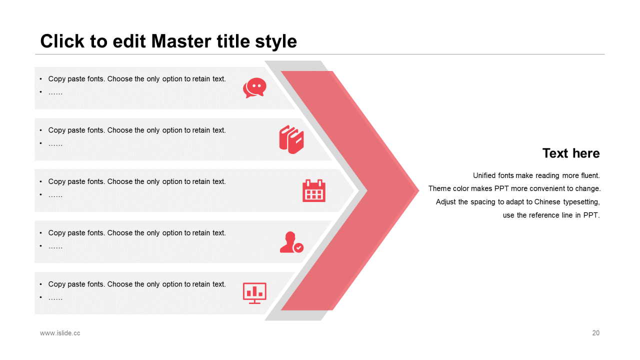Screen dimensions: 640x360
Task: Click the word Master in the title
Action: click(181, 41)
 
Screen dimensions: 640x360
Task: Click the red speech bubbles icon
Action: click(254, 87)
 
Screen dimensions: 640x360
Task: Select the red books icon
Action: click(291, 139)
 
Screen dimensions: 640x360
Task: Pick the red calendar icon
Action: click(313, 190)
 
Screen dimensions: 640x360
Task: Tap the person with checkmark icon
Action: click(291, 242)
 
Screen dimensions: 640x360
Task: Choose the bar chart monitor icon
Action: click(254, 293)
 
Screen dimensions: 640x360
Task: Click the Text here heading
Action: click(571, 153)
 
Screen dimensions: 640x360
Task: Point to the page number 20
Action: click(595, 333)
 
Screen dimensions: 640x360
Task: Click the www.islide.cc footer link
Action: click(60, 333)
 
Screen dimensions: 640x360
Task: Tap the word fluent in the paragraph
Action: click(590, 175)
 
